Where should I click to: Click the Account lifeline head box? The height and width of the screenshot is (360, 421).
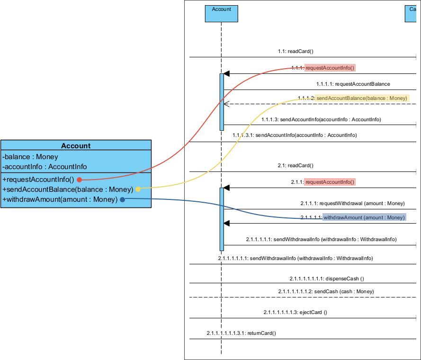point(221,14)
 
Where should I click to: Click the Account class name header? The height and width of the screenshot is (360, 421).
point(76,146)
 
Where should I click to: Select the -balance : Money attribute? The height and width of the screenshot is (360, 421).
point(30,157)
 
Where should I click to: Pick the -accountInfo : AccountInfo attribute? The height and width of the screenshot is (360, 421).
point(45,167)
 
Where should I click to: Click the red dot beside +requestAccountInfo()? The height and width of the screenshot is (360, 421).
point(80,180)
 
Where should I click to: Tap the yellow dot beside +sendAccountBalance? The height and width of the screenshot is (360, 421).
point(138,189)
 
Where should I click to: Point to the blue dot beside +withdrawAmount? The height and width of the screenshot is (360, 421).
point(122,199)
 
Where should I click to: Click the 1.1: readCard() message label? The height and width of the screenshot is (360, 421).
point(296,51)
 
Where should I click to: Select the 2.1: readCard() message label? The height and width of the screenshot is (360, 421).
point(296,165)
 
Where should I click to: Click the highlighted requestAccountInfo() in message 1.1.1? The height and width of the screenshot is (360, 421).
point(330,68)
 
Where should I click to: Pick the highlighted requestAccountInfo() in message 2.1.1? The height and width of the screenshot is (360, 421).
point(330,182)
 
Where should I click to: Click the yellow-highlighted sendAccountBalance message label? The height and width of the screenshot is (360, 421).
point(362,98)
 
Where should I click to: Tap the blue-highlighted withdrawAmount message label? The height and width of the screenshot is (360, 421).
point(364,217)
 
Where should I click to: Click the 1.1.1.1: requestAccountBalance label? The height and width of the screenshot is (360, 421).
point(353,84)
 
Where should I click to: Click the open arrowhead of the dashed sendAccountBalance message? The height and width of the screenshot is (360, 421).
point(226,104)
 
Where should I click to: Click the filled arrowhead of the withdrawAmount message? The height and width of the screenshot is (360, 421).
point(226,223)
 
